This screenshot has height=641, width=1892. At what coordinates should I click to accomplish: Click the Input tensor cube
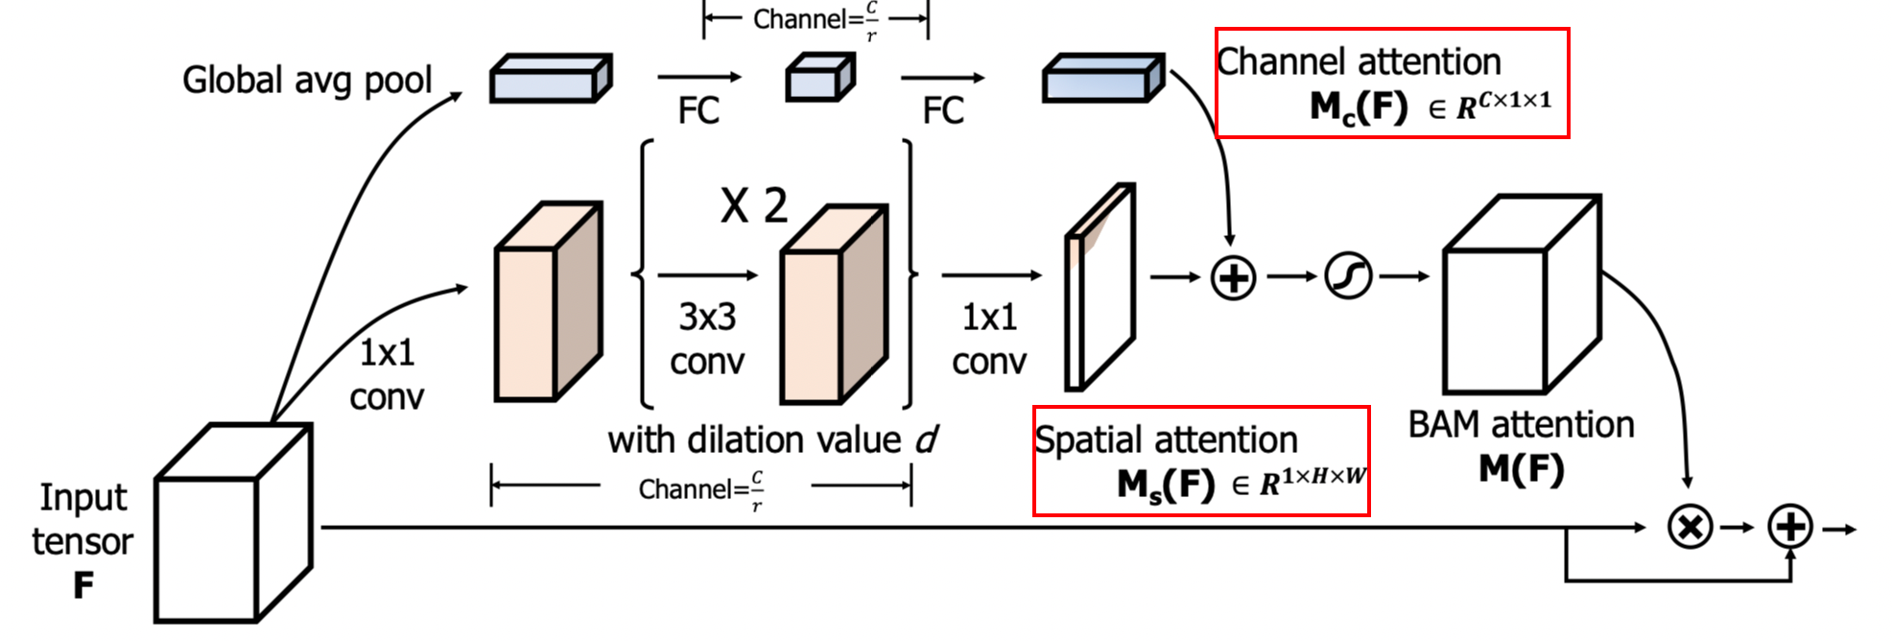(232, 524)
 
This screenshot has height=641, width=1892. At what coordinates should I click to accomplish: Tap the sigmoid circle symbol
(1348, 276)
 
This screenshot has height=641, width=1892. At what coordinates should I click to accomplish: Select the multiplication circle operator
(1690, 527)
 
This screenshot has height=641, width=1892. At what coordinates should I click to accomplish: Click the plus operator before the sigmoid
(1233, 278)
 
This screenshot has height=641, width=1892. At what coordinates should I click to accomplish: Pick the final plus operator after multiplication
(1790, 527)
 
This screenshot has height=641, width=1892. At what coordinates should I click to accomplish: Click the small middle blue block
(819, 78)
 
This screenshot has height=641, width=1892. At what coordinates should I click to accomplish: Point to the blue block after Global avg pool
(550, 79)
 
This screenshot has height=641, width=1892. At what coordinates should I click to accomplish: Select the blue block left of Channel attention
(1102, 79)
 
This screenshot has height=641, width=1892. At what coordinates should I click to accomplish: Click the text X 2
(754, 206)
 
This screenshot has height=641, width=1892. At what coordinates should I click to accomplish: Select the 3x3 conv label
(707, 339)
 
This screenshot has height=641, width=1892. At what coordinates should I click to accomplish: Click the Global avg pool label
(307, 81)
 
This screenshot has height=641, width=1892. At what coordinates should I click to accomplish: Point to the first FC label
(698, 110)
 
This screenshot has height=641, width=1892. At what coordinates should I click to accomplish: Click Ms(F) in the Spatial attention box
(1166, 485)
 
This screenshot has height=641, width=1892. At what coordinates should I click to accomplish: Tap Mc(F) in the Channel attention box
(1359, 107)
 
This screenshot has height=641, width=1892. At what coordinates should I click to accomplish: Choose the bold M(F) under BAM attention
(1521, 469)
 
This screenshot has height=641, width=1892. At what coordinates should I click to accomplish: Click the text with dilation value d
(772, 440)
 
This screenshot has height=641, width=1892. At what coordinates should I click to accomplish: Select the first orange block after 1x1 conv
(547, 302)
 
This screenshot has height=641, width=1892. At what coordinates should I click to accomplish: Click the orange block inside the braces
(832, 305)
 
